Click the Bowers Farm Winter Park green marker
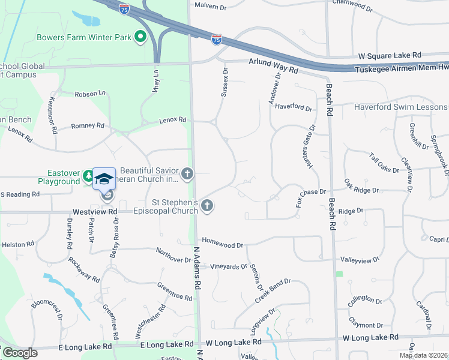(140, 38)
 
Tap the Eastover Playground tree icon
(88, 176)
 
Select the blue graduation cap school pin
(104, 179)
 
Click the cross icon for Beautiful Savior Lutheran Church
(187, 175)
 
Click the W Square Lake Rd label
(390, 55)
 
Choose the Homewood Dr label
(222, 245)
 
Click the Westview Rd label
(95, 212)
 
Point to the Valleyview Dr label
(360, 260)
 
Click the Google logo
(20, 353)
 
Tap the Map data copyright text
(423, 355)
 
